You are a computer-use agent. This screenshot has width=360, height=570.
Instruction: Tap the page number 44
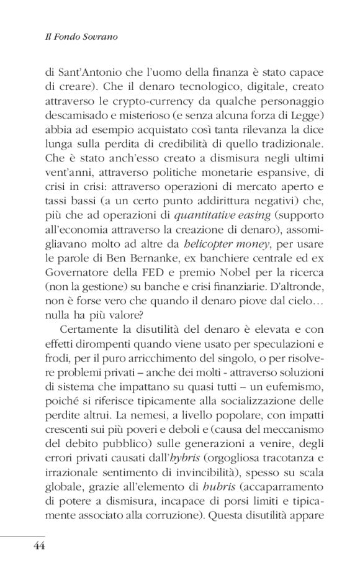35,546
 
